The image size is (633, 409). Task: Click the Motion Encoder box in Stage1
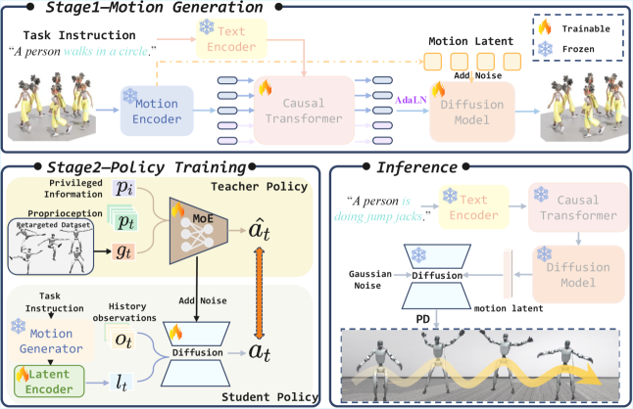pyautogui.click(x=158, y=110)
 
